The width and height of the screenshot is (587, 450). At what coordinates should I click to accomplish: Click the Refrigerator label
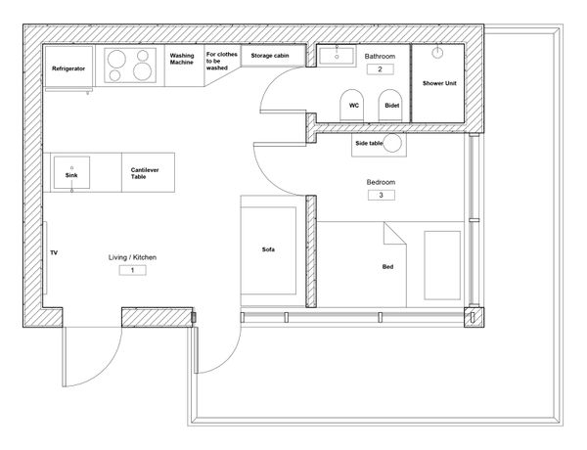coord(68,68)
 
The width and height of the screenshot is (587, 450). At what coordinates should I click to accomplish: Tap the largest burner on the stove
coord(142,71)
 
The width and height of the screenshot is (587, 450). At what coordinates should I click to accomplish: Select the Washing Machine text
coord(182,59)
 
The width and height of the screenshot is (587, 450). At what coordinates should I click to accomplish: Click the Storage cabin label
coord(270,56)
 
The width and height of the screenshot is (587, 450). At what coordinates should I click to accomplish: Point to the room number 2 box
coord(380,69)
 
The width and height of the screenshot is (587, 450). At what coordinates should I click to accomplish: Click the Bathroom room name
coord(380,56)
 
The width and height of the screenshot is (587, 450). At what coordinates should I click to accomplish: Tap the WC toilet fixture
coord(352,106)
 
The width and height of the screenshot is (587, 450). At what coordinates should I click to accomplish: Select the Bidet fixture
coord(390,106)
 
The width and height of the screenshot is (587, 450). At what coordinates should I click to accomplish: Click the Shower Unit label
coord(439,83)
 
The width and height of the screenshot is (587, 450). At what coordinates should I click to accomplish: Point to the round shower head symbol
coord(437,53)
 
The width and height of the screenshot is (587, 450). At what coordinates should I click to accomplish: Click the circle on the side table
coord(392,143)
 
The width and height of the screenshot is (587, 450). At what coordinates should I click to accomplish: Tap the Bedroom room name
coord(381,182)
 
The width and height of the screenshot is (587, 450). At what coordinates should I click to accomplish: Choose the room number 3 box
coord(382,195)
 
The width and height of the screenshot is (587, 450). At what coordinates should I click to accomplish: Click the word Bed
coord(387,267)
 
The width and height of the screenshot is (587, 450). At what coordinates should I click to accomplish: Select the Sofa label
coord(268,249)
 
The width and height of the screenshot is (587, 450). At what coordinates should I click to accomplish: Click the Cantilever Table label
coord(145,173)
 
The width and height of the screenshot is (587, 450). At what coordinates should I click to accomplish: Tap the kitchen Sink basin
coord(71,172)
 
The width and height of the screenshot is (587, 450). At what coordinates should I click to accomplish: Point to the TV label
coord(54,253)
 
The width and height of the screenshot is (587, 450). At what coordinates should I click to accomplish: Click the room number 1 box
coord(132,270)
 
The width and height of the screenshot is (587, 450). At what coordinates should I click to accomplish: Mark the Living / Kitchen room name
coord(132,257)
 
